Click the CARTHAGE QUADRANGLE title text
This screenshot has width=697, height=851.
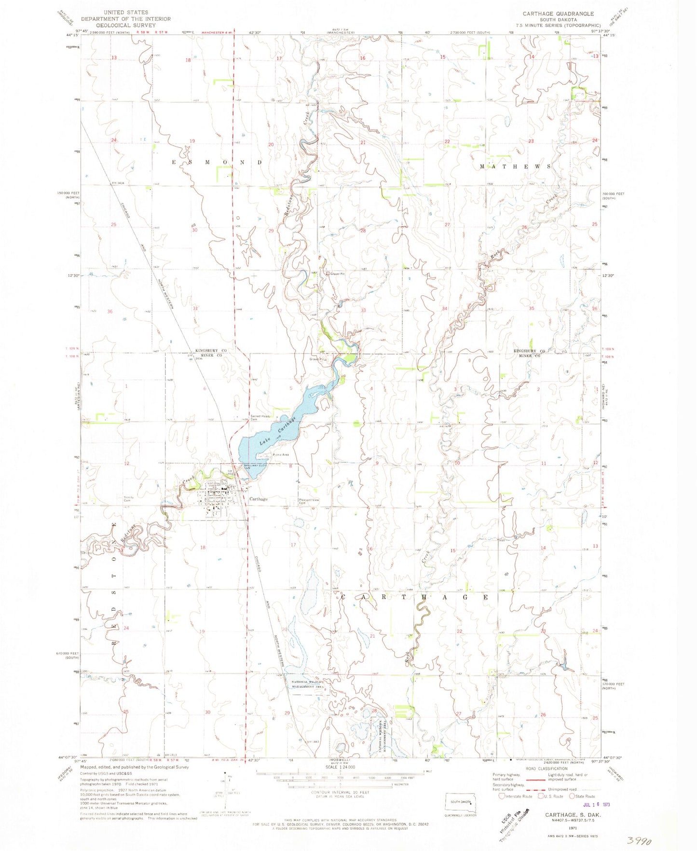point(558,14)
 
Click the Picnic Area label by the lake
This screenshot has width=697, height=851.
point(280,455)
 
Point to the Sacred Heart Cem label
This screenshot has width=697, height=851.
point(260,417)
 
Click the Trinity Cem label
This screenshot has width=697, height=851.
point(128,499)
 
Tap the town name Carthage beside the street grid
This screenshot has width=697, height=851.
point(259,499)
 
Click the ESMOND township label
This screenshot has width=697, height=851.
point(217,163)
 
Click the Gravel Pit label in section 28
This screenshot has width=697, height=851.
point(337,274)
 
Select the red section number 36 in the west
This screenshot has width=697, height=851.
point(110,312)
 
